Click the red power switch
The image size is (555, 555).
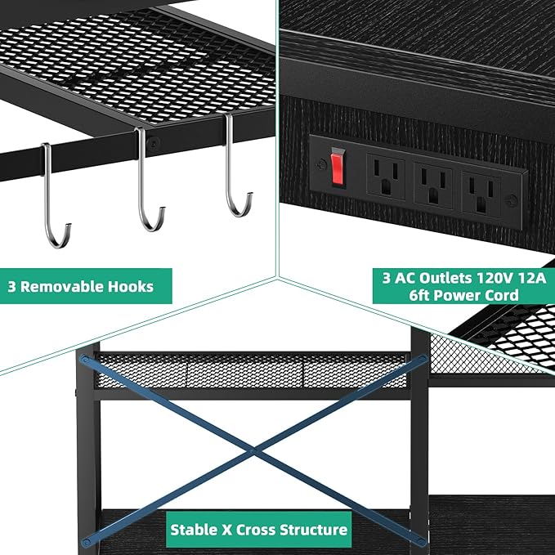(x=338, y=168)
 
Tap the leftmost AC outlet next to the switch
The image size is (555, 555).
(x=386, y=176)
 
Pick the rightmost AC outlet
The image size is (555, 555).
(x=481, y=195)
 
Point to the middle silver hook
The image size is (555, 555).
(x=141, y=177)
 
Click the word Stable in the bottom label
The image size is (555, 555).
(x=194, y=530)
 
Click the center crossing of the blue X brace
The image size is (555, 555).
(x=253, y=451)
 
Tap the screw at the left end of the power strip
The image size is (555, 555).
(x=322, y=164)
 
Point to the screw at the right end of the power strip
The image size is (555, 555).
(x=512, y=201)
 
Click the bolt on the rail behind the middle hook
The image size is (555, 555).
(x=154, y=143)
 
